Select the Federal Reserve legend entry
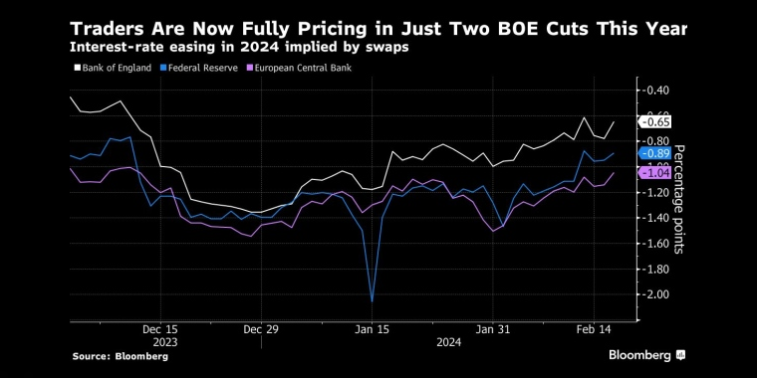coord(199,68)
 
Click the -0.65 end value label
coord(657,121)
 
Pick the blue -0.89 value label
coord(657,153)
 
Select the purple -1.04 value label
coord(657,172)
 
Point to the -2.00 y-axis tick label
coord(655,294)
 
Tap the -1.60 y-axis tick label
coord(655,244)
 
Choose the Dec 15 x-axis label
coord(159,327)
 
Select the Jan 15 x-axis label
coord(372,327)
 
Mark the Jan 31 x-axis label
coord(493,327)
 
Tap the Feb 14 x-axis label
coord(597,327)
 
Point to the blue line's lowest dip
coord(372,300)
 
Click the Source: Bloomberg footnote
coord(121,356)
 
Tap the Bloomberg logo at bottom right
coord(646,355)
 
